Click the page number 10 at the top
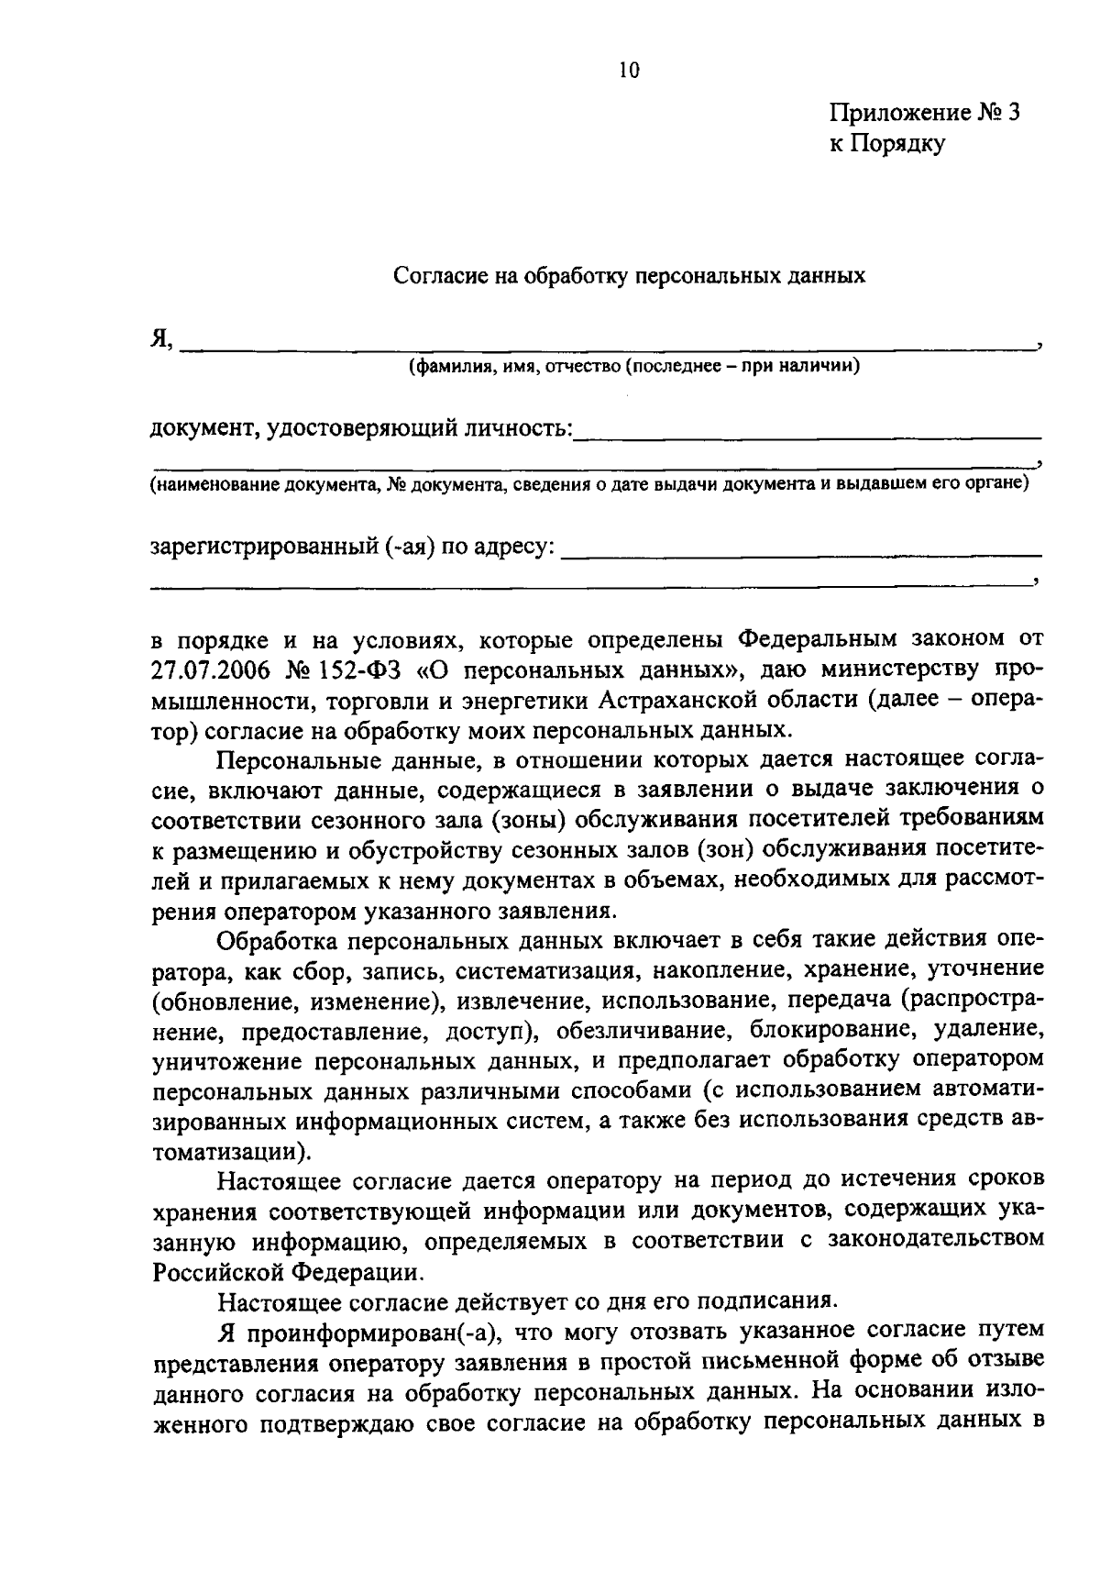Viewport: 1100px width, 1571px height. pyautogui.click(x=628, y=71)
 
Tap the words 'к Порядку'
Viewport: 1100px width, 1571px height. pyautogui.click(x=886, y=143)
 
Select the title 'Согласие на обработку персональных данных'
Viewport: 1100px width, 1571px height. pyautogui.click(x=629, y=275)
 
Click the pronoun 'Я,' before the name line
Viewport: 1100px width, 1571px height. pyautogui.click(x=162, y=338)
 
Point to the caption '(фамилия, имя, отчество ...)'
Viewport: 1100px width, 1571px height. pyautogui.click(x=633, y=368)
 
